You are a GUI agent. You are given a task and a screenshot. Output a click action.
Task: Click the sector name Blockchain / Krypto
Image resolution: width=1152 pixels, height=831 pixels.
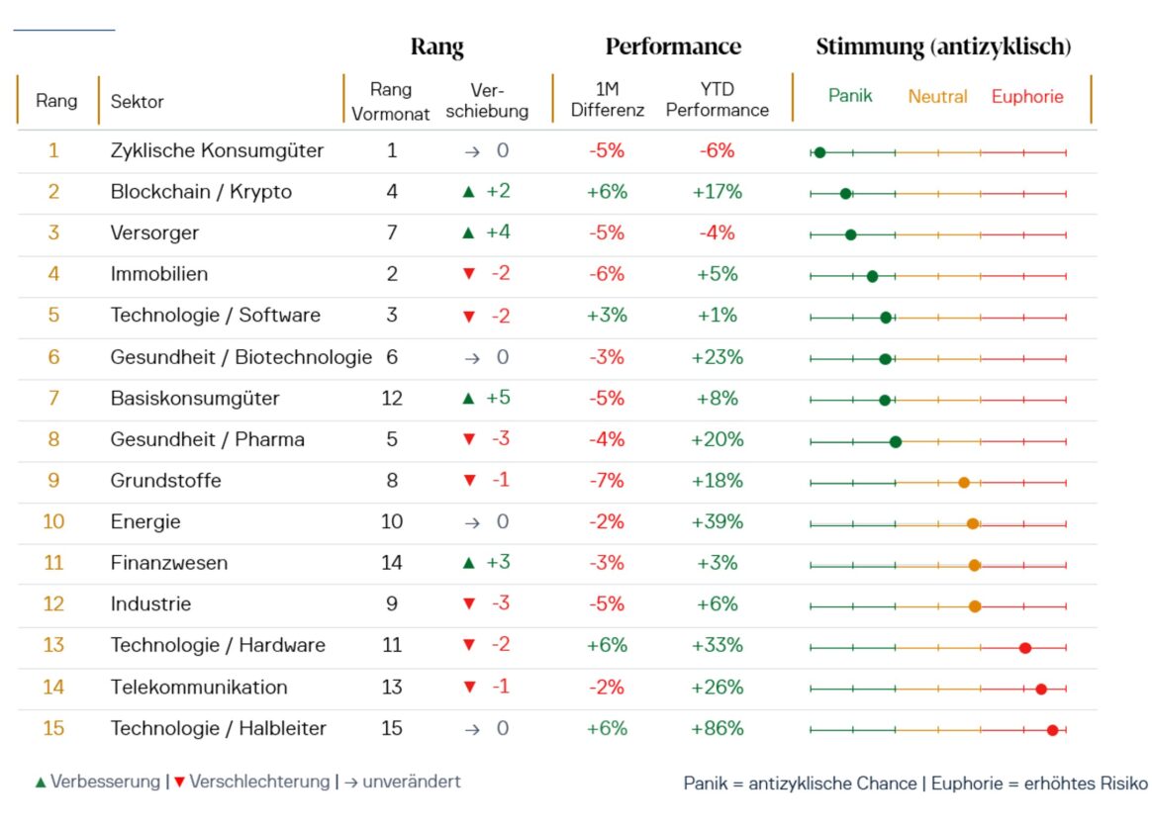pos(201,192)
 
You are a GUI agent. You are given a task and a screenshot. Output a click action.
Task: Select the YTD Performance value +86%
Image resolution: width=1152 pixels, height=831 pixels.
pos(718,728)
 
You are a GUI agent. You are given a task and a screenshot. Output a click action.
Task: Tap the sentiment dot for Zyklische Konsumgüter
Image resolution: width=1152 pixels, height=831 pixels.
pos(819,152)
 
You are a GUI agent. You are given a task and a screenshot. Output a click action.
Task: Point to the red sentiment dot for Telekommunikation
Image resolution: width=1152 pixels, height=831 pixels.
pos(1041,690)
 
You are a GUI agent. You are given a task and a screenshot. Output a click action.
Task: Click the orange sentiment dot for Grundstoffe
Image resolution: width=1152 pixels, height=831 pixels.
pos(964,483)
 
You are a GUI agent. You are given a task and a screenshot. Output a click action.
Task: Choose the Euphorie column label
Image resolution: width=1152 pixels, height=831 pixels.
pos(1027,96)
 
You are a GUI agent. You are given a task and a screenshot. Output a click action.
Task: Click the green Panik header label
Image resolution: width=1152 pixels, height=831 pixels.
pos(850,95)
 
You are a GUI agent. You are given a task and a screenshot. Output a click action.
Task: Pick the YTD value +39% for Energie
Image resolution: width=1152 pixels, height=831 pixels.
pos(718,522)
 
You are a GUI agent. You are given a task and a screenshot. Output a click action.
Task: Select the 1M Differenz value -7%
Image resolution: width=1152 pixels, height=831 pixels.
pos(607,481)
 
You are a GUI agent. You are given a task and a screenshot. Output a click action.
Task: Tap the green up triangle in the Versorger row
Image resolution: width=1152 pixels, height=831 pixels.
pos(468,232)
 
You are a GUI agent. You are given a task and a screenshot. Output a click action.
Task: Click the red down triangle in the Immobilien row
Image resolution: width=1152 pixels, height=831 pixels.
pos(469,274)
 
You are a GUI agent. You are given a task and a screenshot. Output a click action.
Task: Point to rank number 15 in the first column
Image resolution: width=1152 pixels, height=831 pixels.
pos(53,728)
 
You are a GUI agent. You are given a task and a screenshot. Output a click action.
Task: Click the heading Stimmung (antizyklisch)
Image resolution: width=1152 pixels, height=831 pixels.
pos(943,46)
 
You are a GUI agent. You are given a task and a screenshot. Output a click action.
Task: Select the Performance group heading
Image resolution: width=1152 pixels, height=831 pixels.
pos(673,46)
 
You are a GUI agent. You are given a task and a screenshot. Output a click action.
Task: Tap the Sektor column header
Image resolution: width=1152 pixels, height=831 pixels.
pos(137,101)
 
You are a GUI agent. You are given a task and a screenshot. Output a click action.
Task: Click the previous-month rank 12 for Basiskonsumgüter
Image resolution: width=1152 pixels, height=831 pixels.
pos(392,399)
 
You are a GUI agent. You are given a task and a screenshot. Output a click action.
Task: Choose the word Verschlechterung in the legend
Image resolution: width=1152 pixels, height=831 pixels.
pos(259,782)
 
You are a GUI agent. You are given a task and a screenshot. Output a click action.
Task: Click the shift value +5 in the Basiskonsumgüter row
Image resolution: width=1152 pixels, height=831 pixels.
pos(498,398)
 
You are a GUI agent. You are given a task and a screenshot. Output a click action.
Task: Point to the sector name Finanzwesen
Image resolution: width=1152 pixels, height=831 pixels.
pos(169,563)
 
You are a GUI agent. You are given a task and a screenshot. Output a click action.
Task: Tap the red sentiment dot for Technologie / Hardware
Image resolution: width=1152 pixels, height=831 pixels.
pos(1025,648)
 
